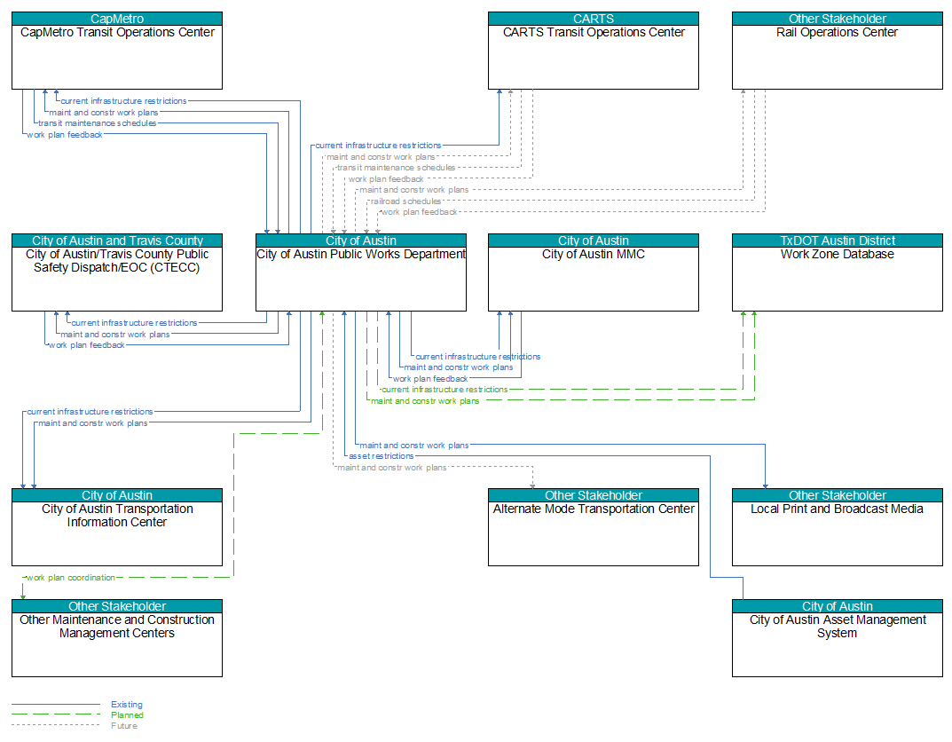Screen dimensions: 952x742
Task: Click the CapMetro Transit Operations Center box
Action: click(117, 51)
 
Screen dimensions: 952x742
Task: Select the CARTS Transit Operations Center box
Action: click(594, 51)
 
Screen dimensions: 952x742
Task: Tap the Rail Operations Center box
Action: click(838, 51)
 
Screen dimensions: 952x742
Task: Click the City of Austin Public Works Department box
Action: click(360, 272)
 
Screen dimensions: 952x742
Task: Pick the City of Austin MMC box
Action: click(594, 272)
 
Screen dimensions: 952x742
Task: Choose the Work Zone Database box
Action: click(838, 272)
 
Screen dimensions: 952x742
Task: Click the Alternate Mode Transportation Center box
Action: click(594, 527)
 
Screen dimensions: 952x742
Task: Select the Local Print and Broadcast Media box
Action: click(838, 527)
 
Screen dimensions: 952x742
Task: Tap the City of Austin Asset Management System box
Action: click(838, 638)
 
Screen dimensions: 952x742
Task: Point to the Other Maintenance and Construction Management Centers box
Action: click(117, 638)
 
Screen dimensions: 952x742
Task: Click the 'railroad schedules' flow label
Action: click(405, 201)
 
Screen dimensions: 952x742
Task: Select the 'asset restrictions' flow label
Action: click(382, 456)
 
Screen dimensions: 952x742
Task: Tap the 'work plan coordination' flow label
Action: click(70, 578)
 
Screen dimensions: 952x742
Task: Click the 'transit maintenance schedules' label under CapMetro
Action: click(97, 123)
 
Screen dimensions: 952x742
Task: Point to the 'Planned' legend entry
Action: click(127, 714)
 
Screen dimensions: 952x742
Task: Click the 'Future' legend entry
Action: click(124, 726)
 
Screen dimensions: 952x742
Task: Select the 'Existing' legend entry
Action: click(127, 705)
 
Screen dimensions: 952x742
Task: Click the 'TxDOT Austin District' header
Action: click(838, 241)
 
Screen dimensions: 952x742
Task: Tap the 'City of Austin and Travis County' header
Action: click(117, 241)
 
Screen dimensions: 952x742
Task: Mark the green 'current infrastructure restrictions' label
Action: click(445, 390)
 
